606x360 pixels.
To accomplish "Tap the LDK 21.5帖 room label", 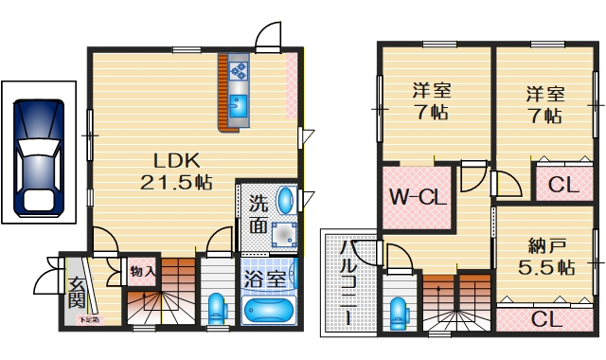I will [x=176, y=171].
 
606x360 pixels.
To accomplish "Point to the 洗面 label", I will [x=258, y=213].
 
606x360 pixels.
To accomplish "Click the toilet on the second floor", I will [x=400, y=312].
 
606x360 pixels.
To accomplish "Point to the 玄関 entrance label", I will [x=76, y=292].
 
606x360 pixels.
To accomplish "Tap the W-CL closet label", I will [x=417, y=198].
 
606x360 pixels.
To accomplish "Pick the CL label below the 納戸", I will [x=544, y=318].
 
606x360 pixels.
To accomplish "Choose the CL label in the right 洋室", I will [x=563, y=186].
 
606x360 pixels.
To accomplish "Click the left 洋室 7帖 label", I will [x=431, y=101].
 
